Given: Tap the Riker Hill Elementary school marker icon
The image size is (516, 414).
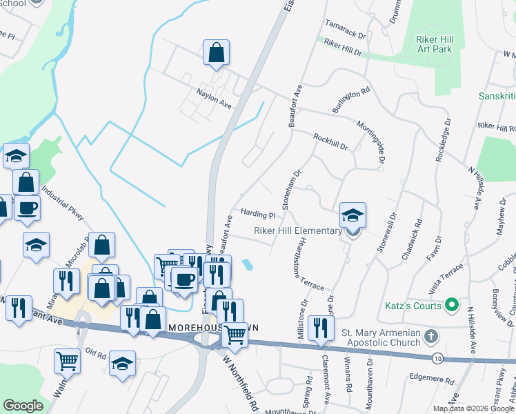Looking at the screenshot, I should coord(352,216).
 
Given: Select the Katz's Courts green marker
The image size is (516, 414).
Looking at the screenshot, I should coord(452,304).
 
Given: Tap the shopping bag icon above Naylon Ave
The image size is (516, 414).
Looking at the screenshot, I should coord(216,52).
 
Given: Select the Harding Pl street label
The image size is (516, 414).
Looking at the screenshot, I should coord(257,215).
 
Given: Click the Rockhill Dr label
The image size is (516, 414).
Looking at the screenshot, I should coord(330,142).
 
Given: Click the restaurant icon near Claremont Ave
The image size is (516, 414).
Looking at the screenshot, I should coord(320,327).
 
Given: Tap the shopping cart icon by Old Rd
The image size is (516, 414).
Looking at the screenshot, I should coord(66,361).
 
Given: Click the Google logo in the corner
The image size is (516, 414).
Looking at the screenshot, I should coord(23,406).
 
